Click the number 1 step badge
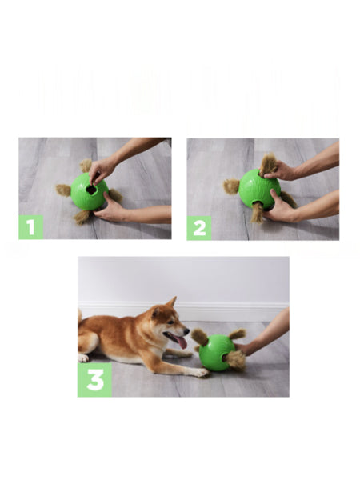pos(31,227)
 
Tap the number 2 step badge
pos(199,227)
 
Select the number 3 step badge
pos(94,380)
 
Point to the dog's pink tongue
pos(181,342)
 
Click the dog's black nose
pos(187,330)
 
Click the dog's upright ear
pos(170,304)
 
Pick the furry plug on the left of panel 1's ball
pos(63,190)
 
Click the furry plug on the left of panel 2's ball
pos(231,186)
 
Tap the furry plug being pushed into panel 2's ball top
pos(267,163)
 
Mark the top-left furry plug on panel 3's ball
pos(199,337)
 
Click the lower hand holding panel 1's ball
pos(116,210)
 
